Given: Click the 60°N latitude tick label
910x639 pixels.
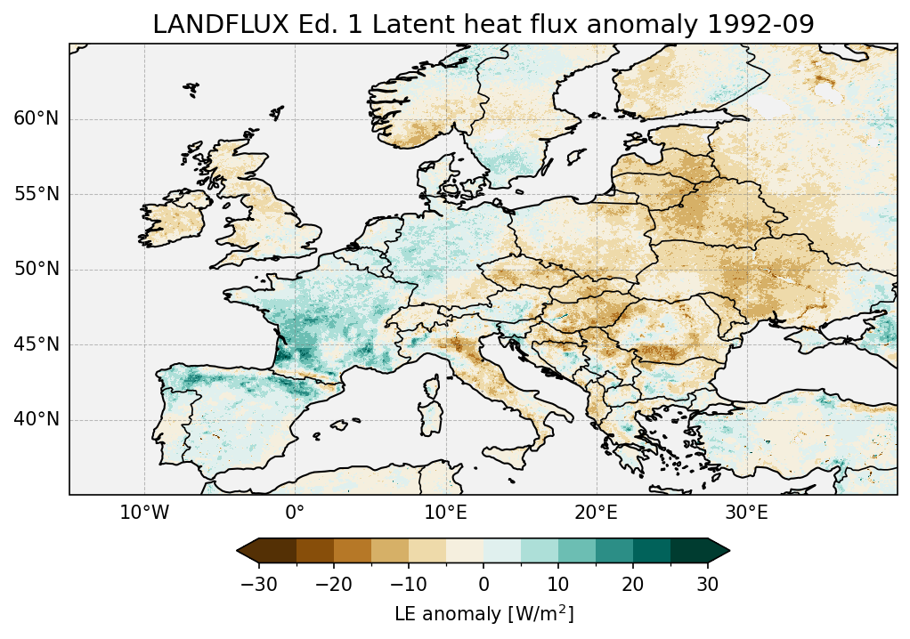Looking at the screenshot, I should coord(36,119).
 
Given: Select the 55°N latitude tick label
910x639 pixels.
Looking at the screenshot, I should coord(36,194).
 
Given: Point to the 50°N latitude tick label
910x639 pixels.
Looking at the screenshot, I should coord(36,270).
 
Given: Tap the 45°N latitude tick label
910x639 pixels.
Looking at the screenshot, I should coord(36,344).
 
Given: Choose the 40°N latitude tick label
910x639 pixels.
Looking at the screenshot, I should coord(36,419).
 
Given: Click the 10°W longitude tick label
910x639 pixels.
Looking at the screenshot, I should coord(144,514).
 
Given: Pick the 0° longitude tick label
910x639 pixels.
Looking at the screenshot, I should coord(295,514).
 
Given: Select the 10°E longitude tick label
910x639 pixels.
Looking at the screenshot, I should coord(445,514).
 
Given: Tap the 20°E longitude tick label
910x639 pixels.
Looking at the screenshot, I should coord(596,514).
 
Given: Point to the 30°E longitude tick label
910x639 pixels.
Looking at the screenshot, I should coord(746,514).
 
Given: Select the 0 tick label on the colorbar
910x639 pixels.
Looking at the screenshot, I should coord(483,584).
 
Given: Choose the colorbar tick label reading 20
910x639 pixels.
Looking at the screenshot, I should coord(633,584).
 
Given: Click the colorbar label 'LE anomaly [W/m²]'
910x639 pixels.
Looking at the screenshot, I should coord(483,614).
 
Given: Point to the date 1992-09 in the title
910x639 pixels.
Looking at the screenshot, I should coord(767,25).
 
